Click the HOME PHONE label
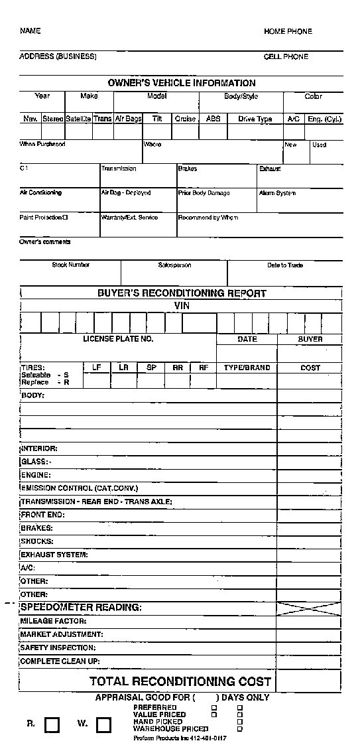tap(288, 31)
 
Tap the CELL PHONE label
tap(286, 57)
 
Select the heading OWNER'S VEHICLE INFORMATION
tap(181, 83)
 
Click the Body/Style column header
tap(241, 97)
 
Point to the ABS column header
tap(213, 119)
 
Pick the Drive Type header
tap(255, 119)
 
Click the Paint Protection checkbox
tap(65, 218)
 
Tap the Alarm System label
tap(278, 193)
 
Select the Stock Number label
tap(71, 265)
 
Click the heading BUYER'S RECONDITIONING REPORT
tap(182, 293)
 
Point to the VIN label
tap(182, 305)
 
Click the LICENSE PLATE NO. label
tap(118, 339)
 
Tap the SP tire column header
tap(151, 367)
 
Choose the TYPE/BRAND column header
tap(247, 368)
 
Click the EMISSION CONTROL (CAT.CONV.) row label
tap(80, 488)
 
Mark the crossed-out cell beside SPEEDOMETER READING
tap(310, 608)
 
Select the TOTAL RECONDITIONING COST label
tap(180, 681)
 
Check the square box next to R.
tap(51, 724)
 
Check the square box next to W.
tap(103, 724)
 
